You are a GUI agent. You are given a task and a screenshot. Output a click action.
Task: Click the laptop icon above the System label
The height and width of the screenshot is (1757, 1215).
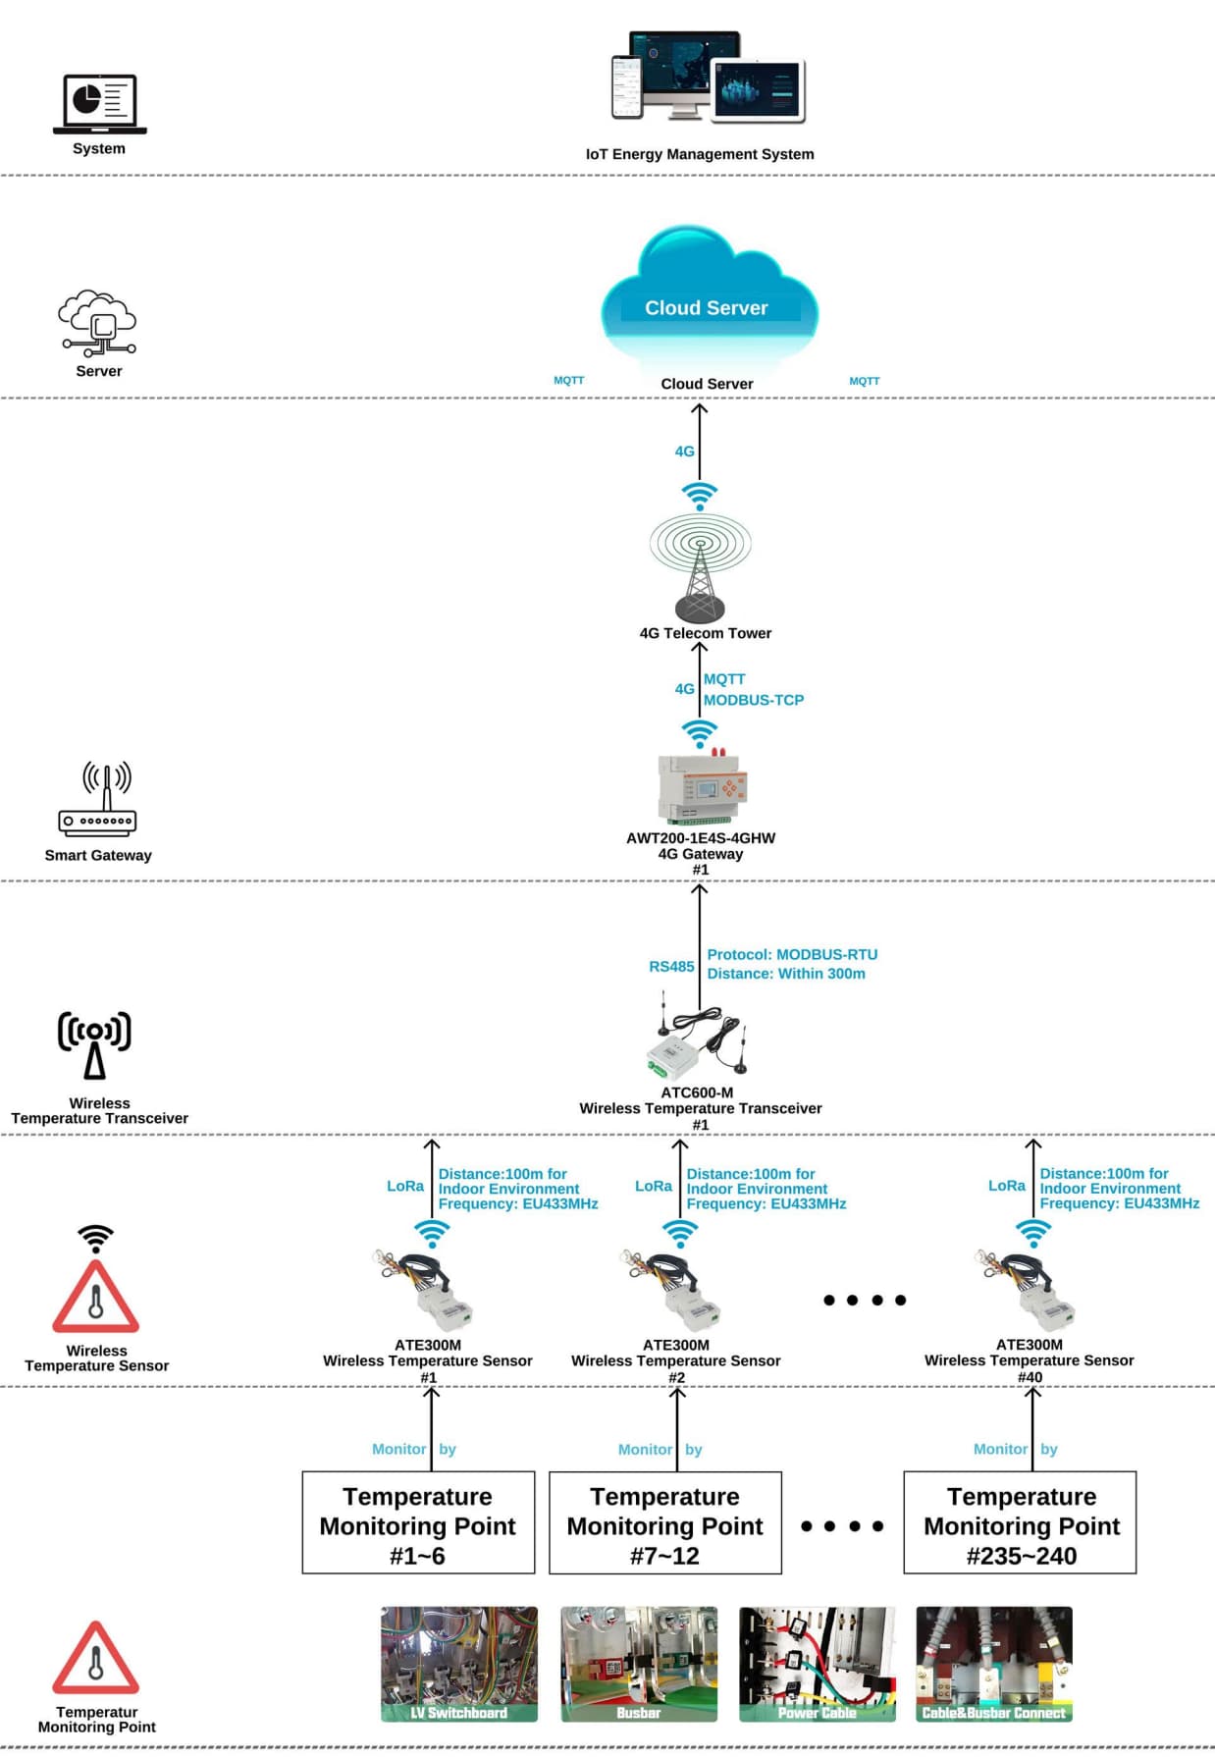click(99, 103)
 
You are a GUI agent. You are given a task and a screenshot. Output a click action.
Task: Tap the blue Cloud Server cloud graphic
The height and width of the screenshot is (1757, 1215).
click(708, 295)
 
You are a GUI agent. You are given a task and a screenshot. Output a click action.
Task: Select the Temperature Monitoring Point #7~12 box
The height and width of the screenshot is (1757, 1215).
click(664, 1522)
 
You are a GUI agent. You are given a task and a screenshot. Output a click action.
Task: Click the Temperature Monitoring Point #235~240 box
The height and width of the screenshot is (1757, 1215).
click(1020, 1522)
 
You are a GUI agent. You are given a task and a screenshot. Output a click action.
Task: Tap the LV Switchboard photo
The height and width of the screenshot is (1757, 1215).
click(458, 1664)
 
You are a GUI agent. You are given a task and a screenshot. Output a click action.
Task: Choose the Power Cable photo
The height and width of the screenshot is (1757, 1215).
click(817, 1664)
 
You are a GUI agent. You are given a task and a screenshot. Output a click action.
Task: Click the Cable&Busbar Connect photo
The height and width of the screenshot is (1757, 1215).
click(993, 1664)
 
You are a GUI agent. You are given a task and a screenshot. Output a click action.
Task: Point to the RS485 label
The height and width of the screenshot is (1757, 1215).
click(671, 966)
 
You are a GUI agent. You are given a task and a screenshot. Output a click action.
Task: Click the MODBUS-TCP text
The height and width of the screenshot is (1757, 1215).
click(753, 700)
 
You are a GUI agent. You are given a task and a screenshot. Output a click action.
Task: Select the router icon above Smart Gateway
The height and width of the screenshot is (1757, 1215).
click(98, 800)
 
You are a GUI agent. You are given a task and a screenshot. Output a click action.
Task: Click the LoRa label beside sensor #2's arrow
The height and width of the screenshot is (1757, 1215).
click(653, 1186)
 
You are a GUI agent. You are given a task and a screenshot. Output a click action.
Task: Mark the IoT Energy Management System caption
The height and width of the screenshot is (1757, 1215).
click(699, 154)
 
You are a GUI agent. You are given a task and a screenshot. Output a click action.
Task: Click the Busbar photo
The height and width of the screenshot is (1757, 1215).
click(638, 1664)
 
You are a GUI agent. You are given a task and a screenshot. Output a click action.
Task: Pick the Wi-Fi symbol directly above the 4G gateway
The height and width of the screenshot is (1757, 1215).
click(699, 732)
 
